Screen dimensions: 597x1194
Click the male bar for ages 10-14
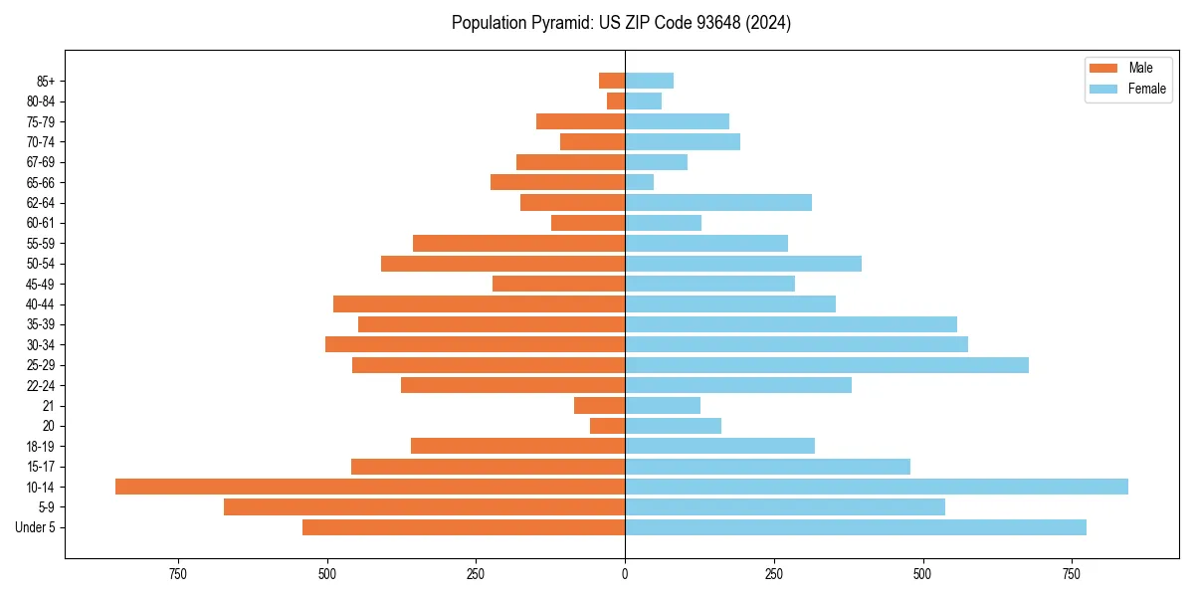point(370,487)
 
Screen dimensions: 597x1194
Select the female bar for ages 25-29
point(827,365)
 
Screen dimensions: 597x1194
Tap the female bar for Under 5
point(856,527)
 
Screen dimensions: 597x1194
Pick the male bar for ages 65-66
point(557,182)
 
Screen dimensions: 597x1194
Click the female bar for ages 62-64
point(718,203)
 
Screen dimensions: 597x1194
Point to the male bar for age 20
point(607,426)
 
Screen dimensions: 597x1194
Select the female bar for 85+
point(649,81)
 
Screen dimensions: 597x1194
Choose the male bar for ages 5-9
point(424,507)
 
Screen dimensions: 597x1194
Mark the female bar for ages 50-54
point(743,264)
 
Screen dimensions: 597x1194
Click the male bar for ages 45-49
point(558,284)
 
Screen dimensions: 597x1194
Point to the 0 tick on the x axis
point(625,574)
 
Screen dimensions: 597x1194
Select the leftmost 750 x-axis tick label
point(178,574)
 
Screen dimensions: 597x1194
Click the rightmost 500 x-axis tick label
point(922,574)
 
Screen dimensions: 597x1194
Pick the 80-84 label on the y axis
point(41,101)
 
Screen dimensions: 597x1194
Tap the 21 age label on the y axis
point(48,406)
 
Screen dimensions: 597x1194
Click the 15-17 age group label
point(41,467)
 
